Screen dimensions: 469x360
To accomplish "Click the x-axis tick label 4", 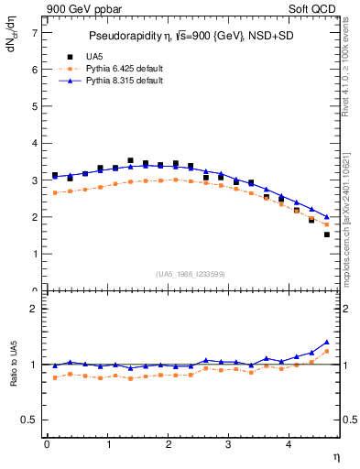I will (289, 444).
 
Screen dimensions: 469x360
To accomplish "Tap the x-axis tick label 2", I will (168, 444).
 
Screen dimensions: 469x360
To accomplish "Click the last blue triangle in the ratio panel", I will (327, 341).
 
